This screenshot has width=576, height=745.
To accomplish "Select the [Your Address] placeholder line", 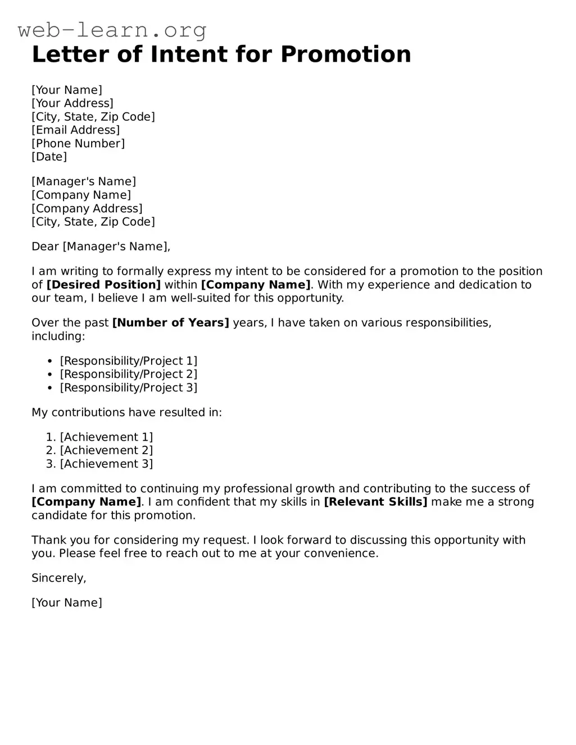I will click(72, 103).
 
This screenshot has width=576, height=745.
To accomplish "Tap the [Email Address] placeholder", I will click(76, 130).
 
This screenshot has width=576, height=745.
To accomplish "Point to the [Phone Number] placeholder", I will click(78, 144).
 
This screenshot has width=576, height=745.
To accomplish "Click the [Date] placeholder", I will click(49, 157).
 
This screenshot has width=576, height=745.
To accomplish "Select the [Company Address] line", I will click(87, 209).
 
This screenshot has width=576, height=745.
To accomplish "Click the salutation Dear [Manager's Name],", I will click(101, 246).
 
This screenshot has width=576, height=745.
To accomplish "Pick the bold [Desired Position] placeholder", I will click(103, 285).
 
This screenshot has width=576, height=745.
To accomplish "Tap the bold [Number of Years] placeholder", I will click(171, 323).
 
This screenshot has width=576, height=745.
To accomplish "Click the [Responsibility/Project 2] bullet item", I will click(129, 374).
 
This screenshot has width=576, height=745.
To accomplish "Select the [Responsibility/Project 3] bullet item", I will click(129, 388).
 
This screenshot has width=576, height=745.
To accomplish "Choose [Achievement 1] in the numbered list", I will click(106, 437).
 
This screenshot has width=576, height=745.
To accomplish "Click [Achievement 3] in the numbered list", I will click(106, 464).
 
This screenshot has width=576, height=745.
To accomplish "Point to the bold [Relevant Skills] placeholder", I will click(375, 502).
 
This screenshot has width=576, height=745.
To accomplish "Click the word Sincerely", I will click(58, 578).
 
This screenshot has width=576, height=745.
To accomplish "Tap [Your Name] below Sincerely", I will click(67, 603).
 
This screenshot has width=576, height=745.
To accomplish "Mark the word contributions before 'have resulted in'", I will click(88, 413).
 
